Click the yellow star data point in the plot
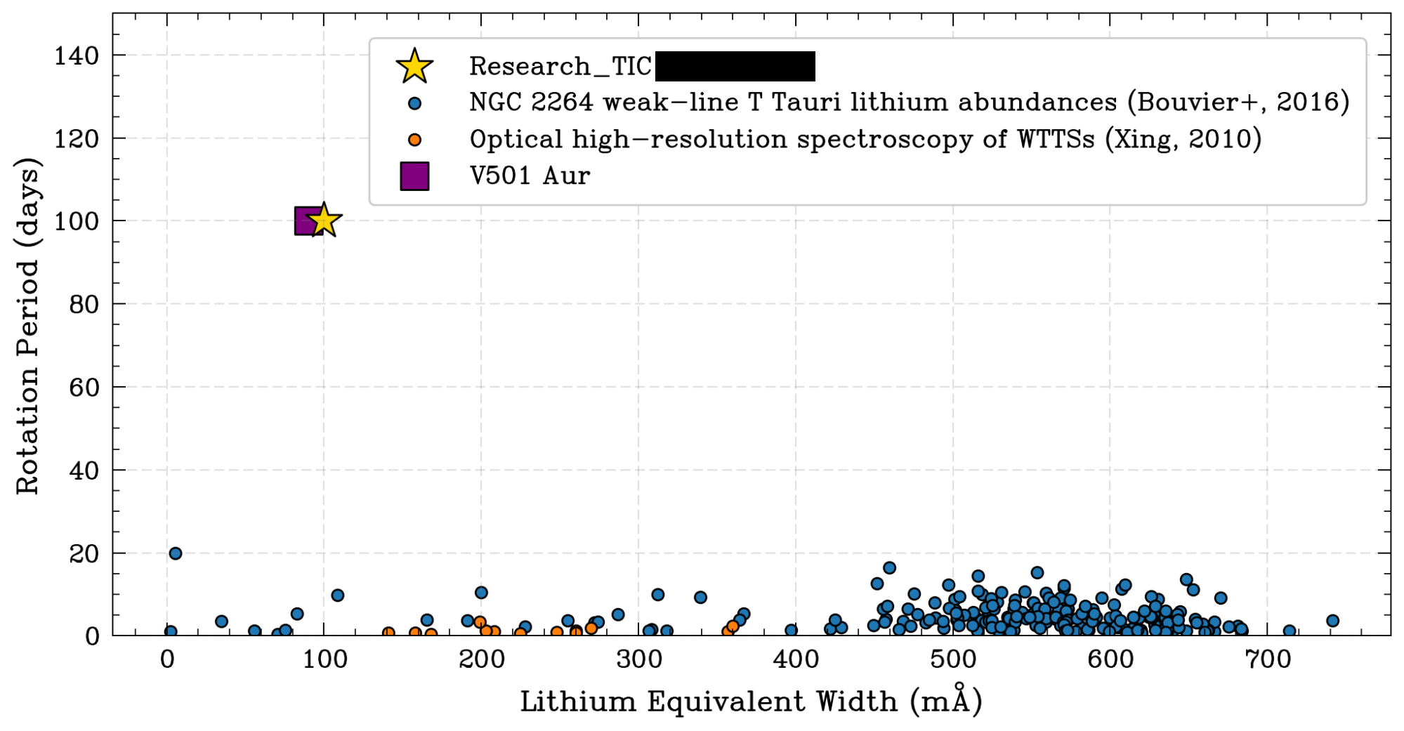[324, 220]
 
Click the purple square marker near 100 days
[306, 220]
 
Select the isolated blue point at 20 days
[176, 553]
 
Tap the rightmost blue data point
[1332, 621]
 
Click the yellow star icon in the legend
[414, 66]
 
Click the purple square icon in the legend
[414, 176]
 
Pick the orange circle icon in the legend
[414, 140]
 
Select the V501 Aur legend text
[530, 176]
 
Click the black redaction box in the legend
[735, 66]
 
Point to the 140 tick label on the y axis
[76, 55]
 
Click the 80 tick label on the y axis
[83, 304]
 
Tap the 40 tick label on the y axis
[83, 470]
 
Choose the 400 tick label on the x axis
[796, 660]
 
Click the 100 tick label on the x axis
[324, 660]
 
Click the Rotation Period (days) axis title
[28, 327]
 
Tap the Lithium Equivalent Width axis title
[750, 701]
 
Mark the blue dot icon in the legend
[414, 103]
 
